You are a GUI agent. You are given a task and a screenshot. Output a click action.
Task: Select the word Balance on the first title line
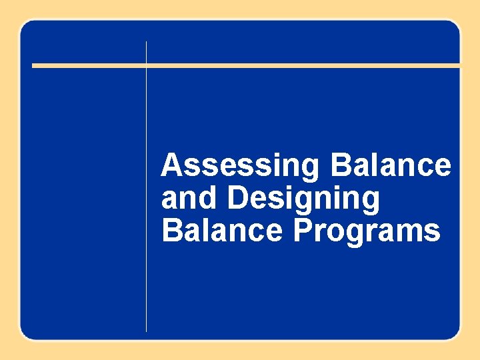391,165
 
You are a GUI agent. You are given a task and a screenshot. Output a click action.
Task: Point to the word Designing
303,199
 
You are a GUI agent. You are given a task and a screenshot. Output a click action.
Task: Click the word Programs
367,232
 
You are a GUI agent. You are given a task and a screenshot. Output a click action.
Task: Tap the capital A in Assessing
171,165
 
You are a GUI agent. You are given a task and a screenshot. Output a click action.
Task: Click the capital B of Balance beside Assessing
340,165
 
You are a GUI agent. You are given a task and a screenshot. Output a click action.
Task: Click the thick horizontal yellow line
300,65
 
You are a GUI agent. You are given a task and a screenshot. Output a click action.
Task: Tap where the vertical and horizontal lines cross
146,65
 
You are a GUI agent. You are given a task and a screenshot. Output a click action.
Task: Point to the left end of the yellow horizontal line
34,65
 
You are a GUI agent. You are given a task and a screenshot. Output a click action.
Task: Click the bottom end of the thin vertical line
146,330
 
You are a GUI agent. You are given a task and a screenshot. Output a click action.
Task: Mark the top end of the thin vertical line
146,42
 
